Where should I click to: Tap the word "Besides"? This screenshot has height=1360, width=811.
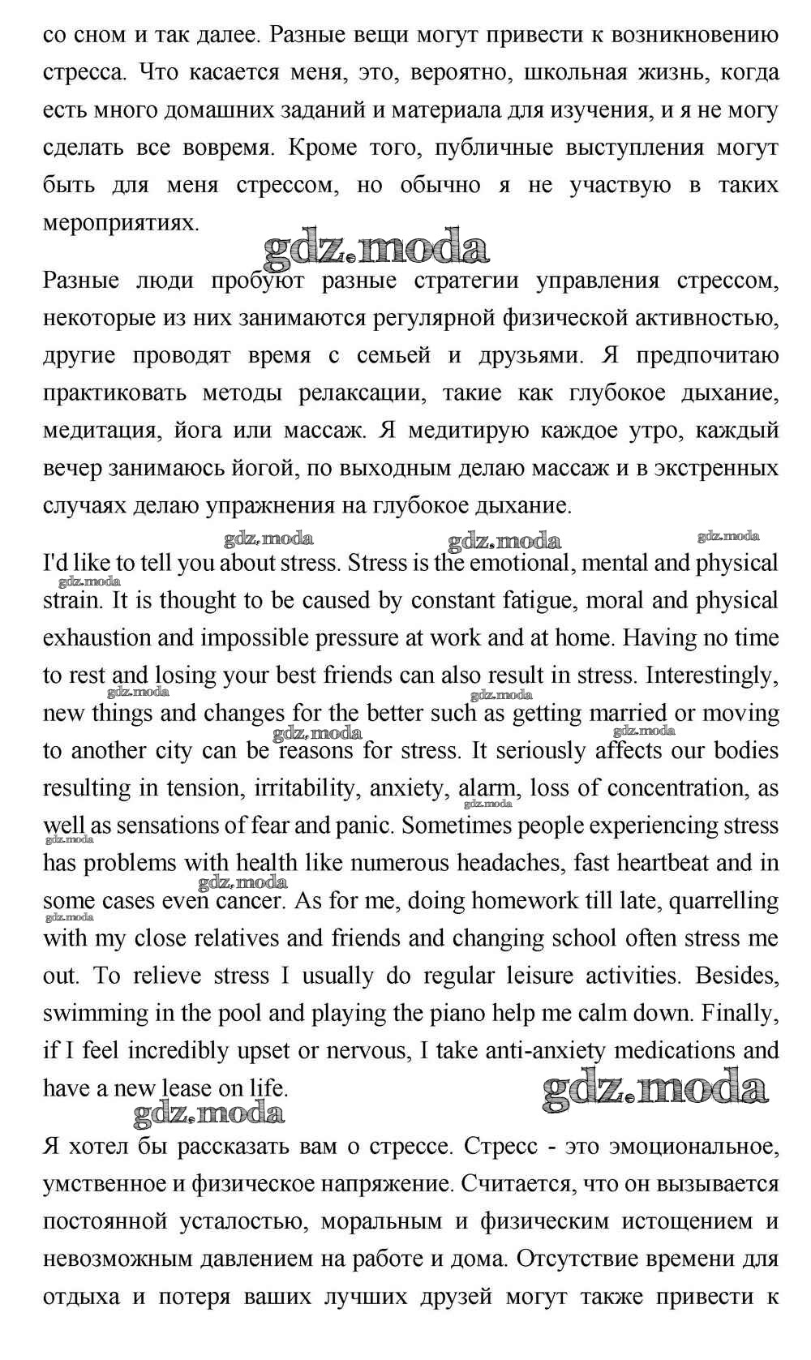click(x=736, y=975)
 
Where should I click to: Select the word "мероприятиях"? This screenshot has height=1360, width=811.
click(x=121, y=223)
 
